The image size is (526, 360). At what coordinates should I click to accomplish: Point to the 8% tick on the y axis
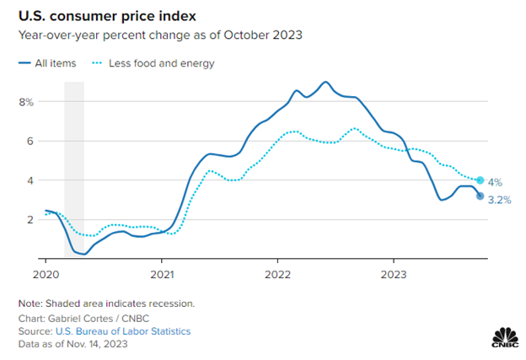point(24,102)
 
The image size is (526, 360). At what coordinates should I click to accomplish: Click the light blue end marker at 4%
point(480,180)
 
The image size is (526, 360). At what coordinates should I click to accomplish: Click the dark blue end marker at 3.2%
point(480,196)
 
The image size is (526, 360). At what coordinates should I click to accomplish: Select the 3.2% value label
point(500,201)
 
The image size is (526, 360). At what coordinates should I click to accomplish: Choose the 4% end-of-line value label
point(496,180)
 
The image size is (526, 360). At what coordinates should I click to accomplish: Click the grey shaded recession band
point(74,169)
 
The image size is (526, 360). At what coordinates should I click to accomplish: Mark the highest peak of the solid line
point(325,82)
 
